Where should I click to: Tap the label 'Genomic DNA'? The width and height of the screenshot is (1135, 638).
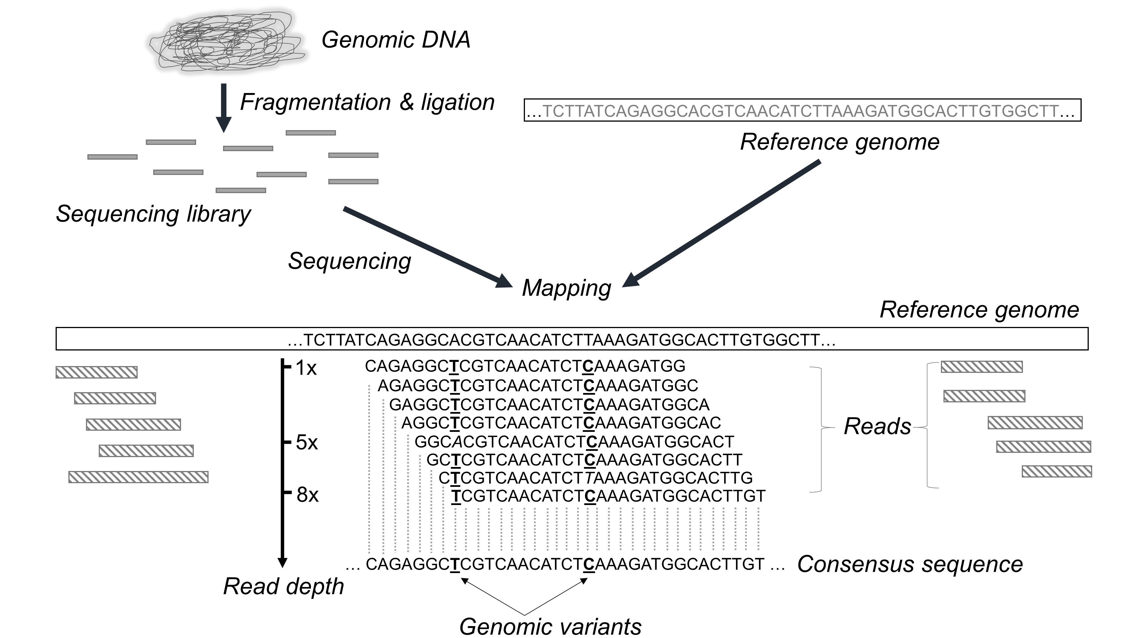tap(396, 40)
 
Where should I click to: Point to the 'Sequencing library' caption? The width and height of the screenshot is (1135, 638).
tap(153, 214)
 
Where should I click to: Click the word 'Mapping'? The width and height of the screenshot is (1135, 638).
tap(567, 288)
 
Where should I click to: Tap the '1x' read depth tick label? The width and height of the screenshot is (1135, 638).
tap(306, 368)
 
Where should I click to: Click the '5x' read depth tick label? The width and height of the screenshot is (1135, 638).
tap(307, 442)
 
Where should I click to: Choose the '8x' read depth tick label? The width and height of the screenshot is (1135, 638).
tap(307, 495)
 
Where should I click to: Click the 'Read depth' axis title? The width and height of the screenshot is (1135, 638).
tap(283, 586)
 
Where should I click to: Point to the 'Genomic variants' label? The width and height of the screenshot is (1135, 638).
tap(550, 626)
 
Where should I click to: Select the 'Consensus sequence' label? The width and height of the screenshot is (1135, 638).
tap(910, 564)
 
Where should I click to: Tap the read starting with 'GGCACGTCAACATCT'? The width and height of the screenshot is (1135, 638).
tap(574, 441)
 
